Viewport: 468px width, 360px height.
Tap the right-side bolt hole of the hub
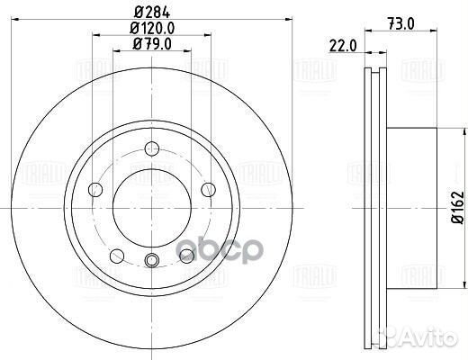(x=207, y=188)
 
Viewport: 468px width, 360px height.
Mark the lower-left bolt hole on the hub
(x=116, y=256)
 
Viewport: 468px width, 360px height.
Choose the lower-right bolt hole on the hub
(x=186, y=256)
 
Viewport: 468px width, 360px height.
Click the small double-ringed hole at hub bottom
(x=151, y=261)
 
